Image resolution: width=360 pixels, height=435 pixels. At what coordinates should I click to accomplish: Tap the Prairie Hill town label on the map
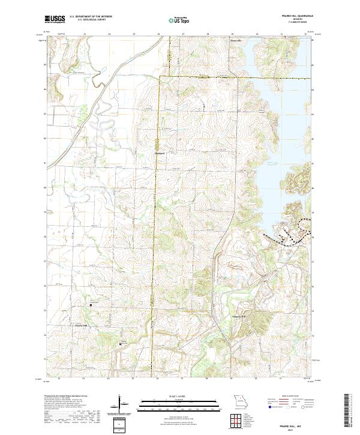pyautogui.click(x=83, y=325)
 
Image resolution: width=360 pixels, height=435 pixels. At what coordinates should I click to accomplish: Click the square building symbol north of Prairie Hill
pyautogui.click(x=91, y=305)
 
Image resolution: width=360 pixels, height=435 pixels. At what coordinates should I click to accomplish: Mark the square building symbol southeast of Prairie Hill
pyautogui.click(x=121, y=344)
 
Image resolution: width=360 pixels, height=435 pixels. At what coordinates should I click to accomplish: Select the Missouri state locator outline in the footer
pyautogui.click(x=239, y=401)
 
